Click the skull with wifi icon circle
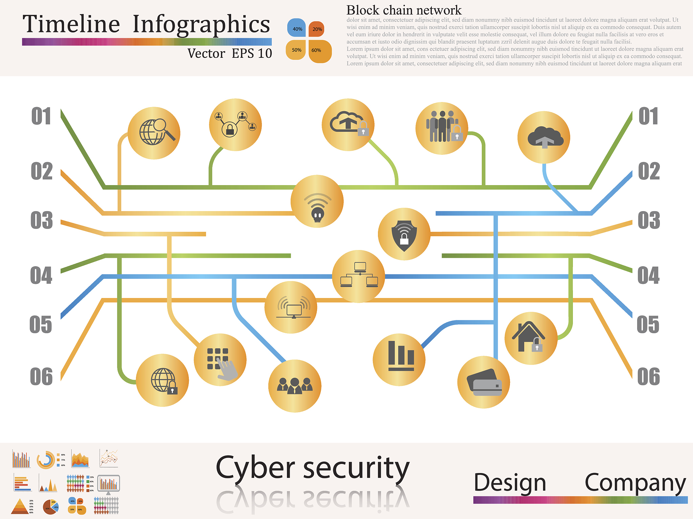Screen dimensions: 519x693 point(317,201)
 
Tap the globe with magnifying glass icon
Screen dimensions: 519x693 point(154,133)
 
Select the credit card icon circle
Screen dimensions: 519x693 point(484,382)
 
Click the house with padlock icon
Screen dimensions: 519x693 point(531,338)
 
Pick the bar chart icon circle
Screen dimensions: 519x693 point(399,360)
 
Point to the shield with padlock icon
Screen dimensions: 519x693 point(404,234)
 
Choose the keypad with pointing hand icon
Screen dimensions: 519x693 point(220,360)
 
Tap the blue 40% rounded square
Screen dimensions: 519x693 point(296,28)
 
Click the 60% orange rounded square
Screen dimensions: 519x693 point(319,51)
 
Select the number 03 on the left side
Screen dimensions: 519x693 point(42,220)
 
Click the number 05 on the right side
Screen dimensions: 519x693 point(648,325)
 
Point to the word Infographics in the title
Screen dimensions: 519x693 point(201,24)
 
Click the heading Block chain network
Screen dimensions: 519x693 point(404,10)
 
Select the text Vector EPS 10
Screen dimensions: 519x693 point(229,53)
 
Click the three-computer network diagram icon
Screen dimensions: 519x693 point(359,276)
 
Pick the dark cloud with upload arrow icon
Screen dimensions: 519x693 point(544,138)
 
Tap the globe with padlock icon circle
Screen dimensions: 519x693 point(162,380)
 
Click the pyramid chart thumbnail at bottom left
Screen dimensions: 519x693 point(19,506)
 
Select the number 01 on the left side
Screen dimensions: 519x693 point(41,116)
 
